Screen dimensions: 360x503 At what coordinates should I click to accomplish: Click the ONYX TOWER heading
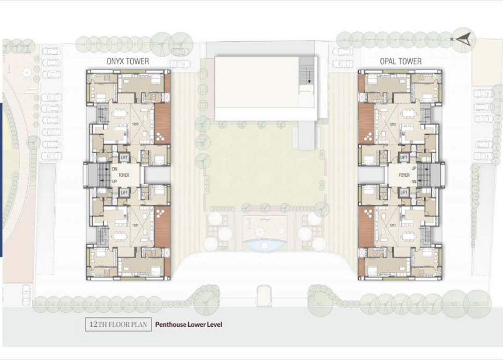point(127,61)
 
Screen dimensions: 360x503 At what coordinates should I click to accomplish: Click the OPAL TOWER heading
point(400,61)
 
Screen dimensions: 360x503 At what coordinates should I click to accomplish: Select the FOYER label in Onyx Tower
point(124,175)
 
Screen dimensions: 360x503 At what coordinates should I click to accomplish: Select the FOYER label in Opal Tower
point(404,175)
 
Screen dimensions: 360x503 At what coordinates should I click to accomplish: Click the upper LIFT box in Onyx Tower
point(125,158)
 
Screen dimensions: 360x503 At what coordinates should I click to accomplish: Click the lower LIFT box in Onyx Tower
point(125,192)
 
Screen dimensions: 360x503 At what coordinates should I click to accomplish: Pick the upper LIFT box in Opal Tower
point(404,158)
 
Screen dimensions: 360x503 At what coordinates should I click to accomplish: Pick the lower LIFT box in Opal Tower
point(404,192)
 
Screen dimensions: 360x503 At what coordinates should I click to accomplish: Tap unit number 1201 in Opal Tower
point(393,225)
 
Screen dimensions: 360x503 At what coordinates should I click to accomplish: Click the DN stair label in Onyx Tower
point(115,169)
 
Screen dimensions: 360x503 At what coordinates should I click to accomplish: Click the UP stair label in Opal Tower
point(414,168)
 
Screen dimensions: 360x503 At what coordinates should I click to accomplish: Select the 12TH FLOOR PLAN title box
point(118,324)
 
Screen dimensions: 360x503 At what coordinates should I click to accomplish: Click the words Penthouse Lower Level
point(189,324)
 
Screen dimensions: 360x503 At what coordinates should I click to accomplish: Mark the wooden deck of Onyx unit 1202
point(162,123)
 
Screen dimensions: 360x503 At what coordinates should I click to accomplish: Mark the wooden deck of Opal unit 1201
point(366,227)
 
